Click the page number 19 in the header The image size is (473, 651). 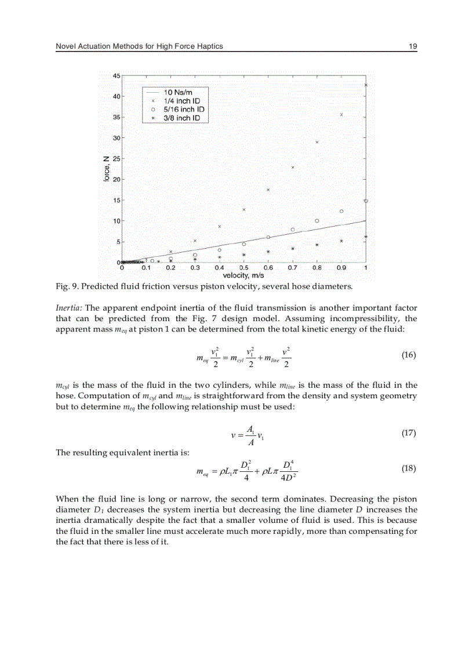coord(413,46)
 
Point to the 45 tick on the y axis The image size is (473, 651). coord(117,76)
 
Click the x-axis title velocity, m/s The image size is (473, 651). coord(243,276)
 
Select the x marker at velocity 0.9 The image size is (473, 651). coord(341,115)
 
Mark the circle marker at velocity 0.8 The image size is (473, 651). coord(317,221)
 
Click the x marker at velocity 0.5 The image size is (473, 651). coord(244,209)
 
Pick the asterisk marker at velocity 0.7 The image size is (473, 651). coord(293,248)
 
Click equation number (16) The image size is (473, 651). coord(409,355)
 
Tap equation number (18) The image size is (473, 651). coord(409,469)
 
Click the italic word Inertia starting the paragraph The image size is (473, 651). coord(69,308)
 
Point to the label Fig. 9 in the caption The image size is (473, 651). coord(65,286)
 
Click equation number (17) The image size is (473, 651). coord(409,432)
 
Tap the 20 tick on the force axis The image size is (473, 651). coord(117,180)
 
